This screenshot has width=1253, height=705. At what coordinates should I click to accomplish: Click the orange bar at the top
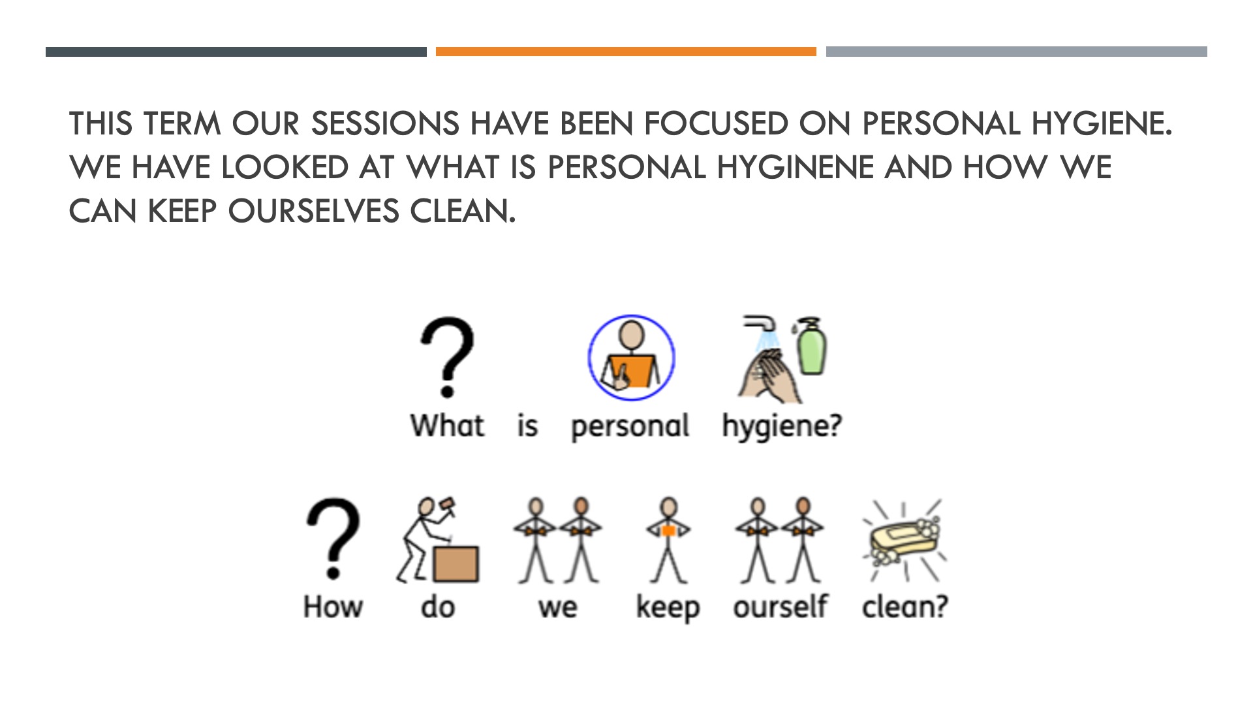coord(626,52)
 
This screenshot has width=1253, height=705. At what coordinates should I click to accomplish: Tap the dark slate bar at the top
coord(236,52)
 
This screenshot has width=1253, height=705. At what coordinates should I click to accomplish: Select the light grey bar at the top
coord(1017,52)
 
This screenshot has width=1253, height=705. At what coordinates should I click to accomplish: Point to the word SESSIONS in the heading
coord(385,123)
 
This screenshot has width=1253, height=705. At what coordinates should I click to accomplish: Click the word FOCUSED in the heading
coord(716,123)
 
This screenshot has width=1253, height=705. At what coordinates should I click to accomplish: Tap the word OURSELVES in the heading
coord(313,211)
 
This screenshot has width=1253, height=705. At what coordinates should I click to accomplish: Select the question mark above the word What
coord(447,357)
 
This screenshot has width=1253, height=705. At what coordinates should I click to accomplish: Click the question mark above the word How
coord(333,539)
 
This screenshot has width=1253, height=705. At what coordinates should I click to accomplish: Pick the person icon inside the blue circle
coord(631,357)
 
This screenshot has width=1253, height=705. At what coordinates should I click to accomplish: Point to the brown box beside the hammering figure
coord(456,563)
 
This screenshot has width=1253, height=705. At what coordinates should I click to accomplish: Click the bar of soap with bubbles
coord(903,539)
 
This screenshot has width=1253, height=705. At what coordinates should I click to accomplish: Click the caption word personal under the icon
coord(630,427)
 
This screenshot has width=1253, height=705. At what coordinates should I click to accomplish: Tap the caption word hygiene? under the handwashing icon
coord(782,427)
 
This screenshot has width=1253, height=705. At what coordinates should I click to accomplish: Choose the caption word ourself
coord(780,606)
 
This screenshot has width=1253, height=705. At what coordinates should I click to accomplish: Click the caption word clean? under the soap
coord(905,606)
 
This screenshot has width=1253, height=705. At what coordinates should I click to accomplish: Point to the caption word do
coord(438,606)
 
